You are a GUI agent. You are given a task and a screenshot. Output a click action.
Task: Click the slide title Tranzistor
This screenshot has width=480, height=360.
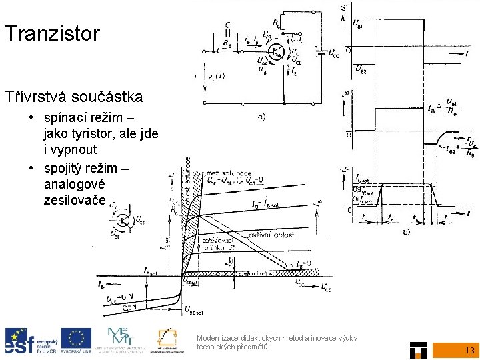[51, 33]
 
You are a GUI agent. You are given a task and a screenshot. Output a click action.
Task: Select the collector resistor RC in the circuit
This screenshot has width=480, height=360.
[283, 23]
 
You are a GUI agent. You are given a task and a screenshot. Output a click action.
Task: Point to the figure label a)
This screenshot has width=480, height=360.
[261, 117]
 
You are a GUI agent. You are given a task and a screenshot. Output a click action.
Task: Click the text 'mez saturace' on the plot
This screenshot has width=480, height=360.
[225, 174]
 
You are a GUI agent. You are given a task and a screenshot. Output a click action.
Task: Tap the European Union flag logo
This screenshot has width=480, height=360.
[76, 340]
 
